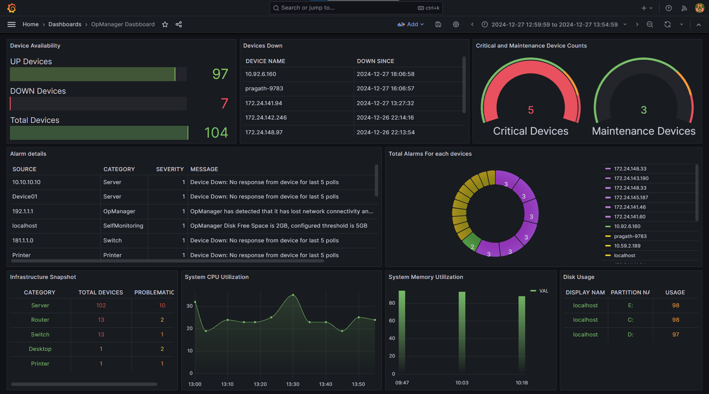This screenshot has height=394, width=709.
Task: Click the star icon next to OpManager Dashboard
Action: [165, 24]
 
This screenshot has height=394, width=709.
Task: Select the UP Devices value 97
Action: [220, 74]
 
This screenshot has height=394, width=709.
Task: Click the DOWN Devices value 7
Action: [224, 104]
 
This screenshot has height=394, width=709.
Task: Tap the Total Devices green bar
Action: [99, 133]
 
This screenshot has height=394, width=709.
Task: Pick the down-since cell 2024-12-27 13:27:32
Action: [385, 103]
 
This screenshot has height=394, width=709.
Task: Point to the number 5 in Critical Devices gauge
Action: [531, 110]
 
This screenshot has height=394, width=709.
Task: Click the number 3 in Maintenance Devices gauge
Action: [644, 110]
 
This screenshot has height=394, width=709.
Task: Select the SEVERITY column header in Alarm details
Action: [169, 169]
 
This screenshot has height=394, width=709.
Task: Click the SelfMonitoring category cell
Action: [123, 226]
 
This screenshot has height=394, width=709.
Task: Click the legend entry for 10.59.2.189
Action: [627, 246]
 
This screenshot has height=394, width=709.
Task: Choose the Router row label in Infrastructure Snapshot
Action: [40, 320]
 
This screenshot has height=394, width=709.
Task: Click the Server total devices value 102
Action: [101, 305]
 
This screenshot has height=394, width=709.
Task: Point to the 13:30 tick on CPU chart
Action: [293, 384]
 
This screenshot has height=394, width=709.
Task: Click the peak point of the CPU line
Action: [293, 295]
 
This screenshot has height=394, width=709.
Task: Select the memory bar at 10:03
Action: [462, 332]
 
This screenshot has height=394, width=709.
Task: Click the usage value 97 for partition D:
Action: [675, 335]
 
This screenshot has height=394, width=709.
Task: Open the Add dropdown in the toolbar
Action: [411, 24]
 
